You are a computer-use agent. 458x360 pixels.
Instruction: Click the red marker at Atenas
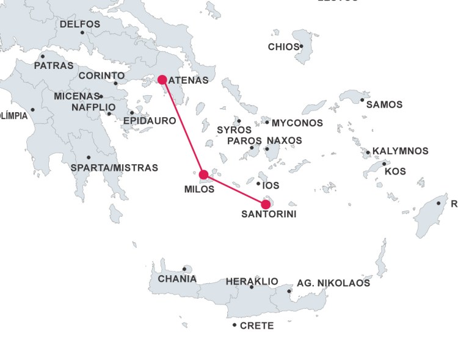coord(162,79)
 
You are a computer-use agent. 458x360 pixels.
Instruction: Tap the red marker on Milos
coord(204,175)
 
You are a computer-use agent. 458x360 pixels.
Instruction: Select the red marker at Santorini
coord(266,204)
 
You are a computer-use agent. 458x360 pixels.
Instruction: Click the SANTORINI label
coord(264,214)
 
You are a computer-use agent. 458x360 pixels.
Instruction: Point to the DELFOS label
coord(80,24)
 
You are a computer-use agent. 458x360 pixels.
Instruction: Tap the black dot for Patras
coord(42,57)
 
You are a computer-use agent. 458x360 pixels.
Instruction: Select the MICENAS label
coord(76,96)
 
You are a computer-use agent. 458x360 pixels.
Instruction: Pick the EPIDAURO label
coord(150,121)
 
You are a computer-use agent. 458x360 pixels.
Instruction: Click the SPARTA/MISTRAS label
coord(114,168)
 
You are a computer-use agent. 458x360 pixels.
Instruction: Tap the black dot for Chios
coord(302,46)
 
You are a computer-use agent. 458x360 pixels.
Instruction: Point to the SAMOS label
coord(384,105)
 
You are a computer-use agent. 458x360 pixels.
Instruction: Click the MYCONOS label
coord(297,123)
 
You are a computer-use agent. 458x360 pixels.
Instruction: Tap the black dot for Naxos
coord(267,148)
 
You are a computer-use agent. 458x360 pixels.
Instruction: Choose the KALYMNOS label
coord(400,151)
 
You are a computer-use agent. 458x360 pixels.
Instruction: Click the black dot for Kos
coord(384,164)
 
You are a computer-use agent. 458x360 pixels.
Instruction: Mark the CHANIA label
coord(177,279)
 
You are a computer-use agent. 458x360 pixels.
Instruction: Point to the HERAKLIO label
coord(252,281)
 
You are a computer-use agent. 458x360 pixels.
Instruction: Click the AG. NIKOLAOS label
coord(333,283)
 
